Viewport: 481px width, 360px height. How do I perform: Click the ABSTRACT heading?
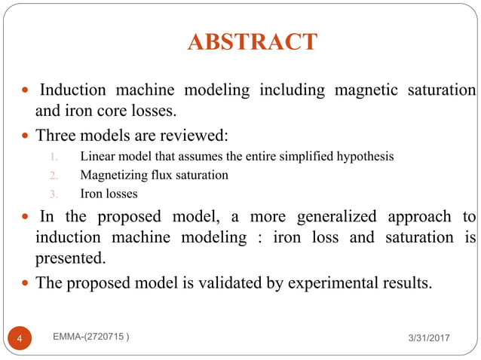(x=252, y=41)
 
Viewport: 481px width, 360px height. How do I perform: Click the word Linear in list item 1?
(x=93, y=157)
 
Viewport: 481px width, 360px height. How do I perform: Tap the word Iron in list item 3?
(x=89, y=194)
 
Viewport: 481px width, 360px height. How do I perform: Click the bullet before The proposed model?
(x=26, y=284)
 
